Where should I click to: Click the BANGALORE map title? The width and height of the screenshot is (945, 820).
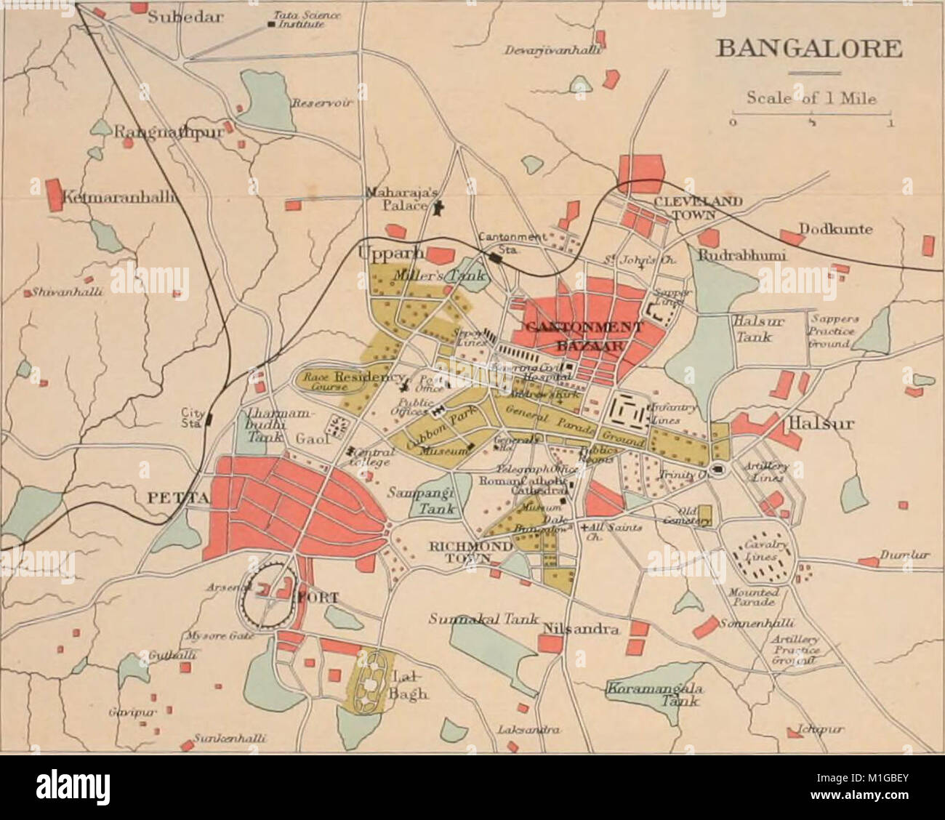pyautogui.click(x=809, y=50)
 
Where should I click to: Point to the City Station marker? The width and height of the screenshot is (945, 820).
pyautogui.click(x=209, y=419)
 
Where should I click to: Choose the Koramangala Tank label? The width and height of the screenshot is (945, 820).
pyautogui.click(x=653, y=694)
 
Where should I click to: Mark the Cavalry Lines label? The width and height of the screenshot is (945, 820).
pyautogui.click(x=760, y=552)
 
